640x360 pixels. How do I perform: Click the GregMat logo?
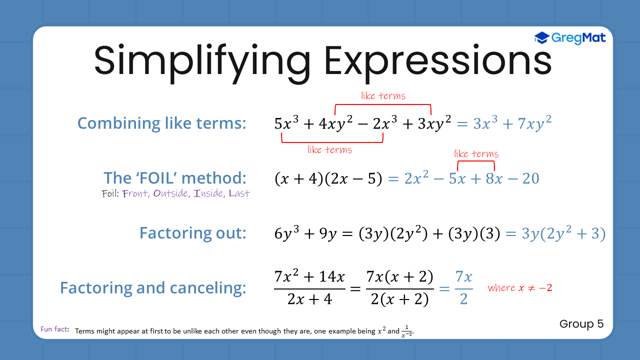pos(570,38)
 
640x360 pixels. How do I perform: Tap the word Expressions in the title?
pos(438,61)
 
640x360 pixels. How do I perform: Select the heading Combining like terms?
pos(161,123)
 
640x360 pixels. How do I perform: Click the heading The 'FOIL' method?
pos(175,177)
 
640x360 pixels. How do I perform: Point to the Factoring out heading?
pos(192,233)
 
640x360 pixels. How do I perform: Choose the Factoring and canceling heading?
pos(153,287)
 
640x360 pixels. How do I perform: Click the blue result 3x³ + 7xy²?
pos(512,123)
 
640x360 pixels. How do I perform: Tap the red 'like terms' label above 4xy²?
pos(383,95)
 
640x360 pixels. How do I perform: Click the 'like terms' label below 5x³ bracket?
pos(329,149)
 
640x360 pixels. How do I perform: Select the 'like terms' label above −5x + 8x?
pos(476,154)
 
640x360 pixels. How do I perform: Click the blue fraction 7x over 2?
pos(463,287)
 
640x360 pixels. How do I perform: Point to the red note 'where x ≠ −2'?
pos(519,288)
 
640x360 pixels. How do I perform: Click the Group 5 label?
pos(581,324)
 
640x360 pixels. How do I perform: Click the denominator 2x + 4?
pos(309,299)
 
